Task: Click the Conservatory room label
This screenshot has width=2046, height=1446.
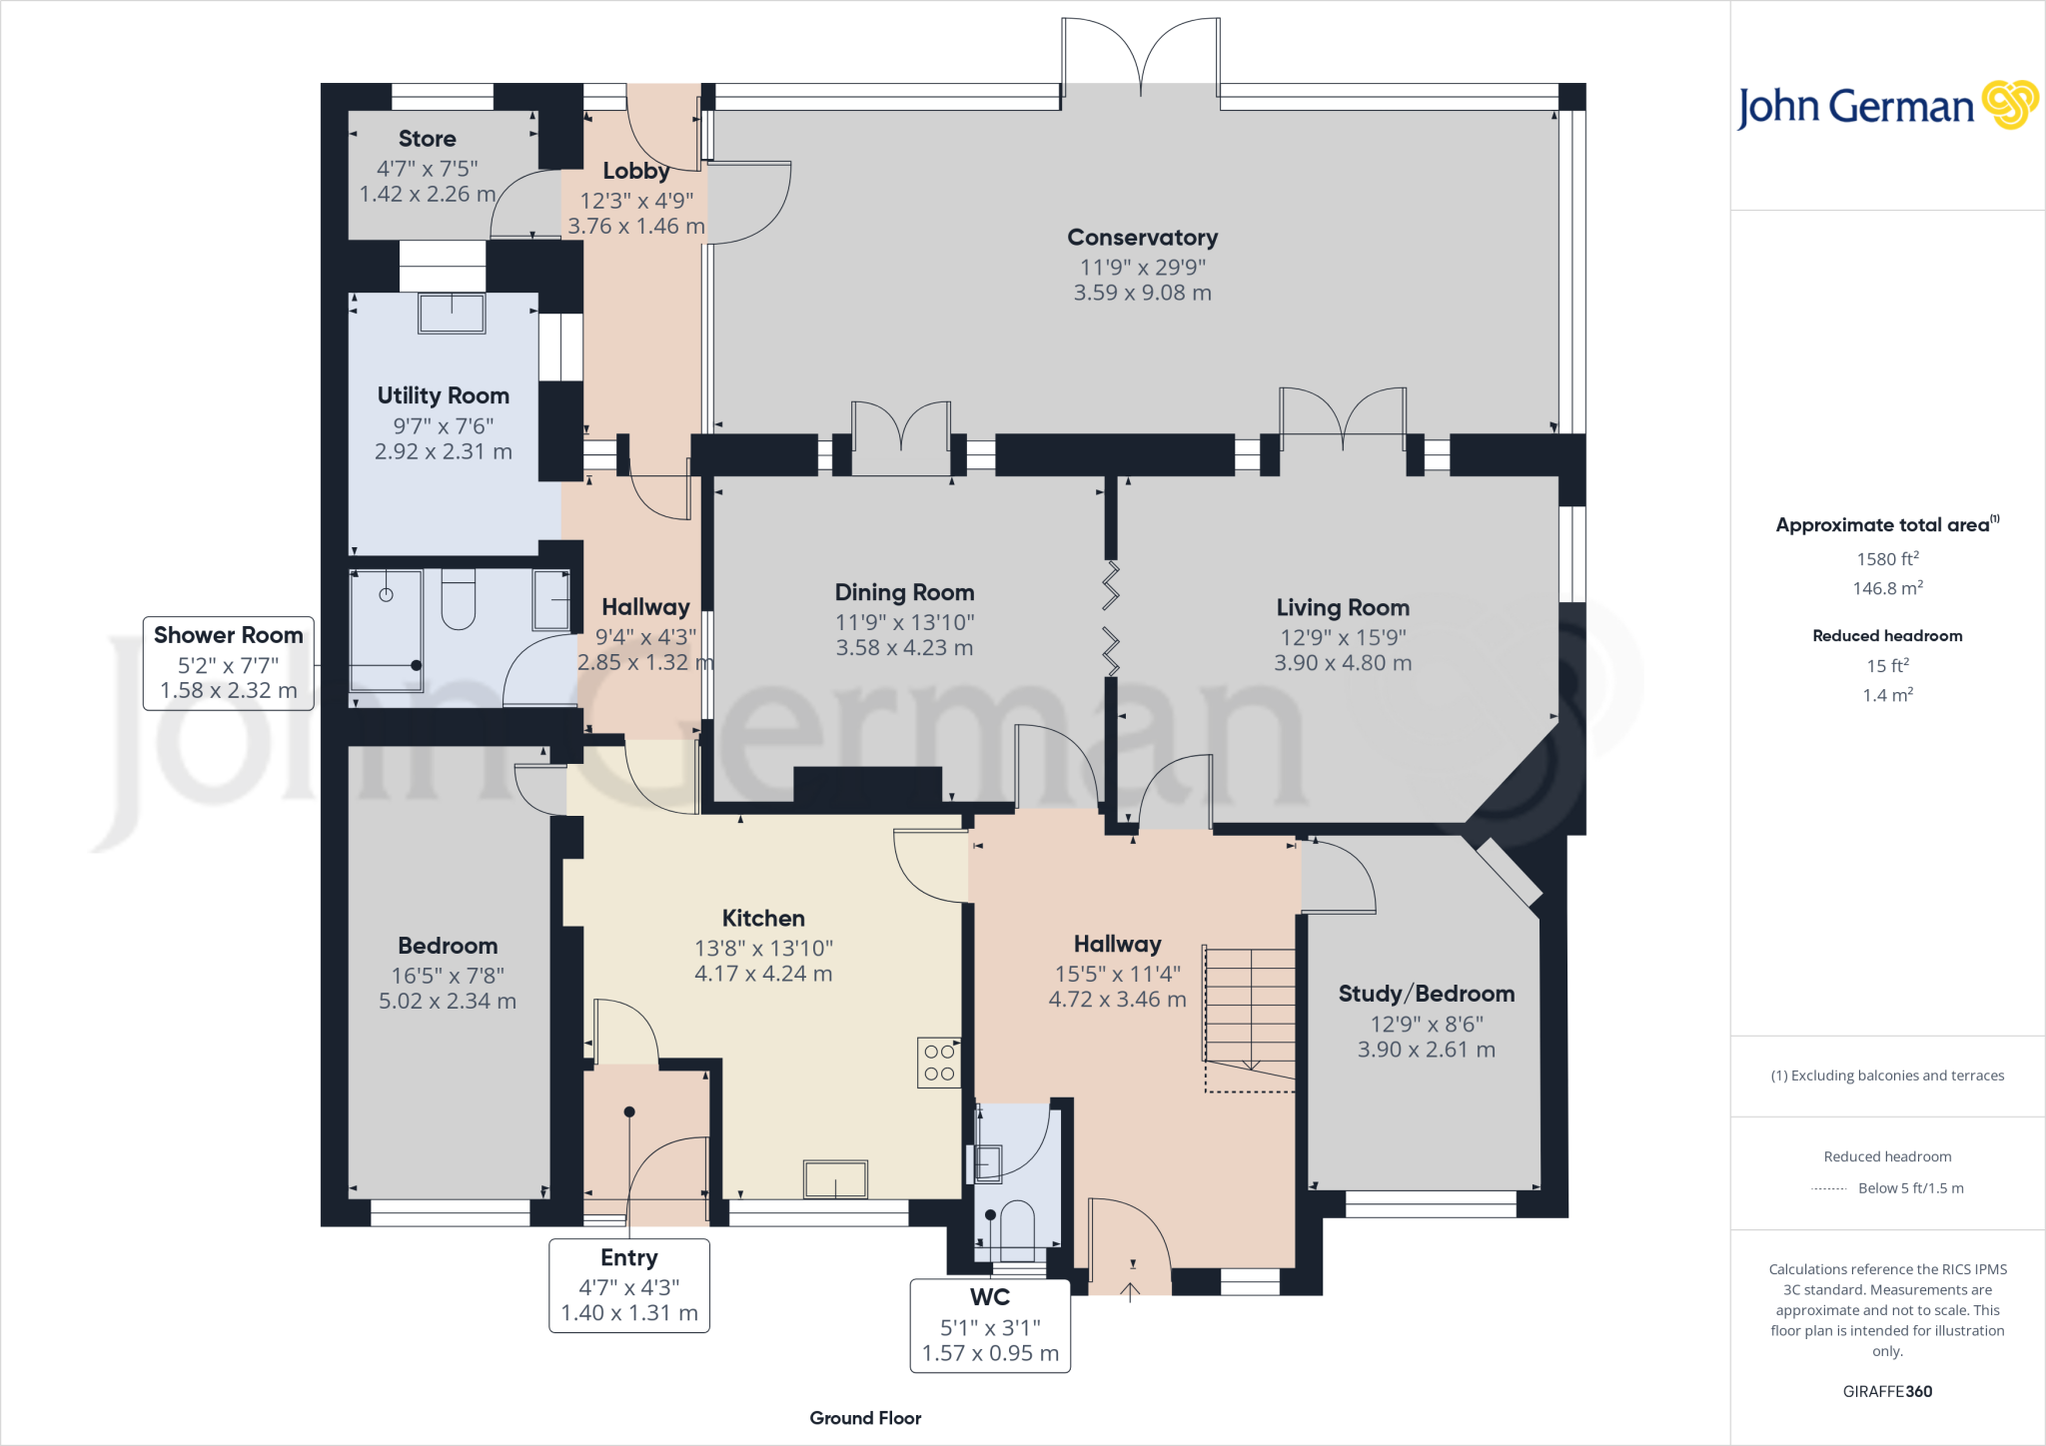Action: [1142, 238]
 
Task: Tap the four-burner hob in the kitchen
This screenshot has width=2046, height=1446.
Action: [939, 1063]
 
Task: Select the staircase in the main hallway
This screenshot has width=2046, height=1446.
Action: [1250, 1009]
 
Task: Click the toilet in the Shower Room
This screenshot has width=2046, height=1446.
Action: [458, 599]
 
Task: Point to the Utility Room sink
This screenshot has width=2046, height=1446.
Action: [452, 313]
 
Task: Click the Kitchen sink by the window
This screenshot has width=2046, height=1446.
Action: [835, 1179]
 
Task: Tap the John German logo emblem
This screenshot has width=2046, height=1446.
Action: [2009, 105]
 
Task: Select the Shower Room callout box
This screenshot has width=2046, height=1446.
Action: [229, 663]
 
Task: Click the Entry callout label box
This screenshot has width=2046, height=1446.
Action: [629, 1285]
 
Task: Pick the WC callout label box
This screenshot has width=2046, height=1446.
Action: [990, 1325]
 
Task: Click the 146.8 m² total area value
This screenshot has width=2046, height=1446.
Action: [1887, 588]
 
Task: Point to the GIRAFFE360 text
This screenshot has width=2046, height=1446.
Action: [1887, 1391]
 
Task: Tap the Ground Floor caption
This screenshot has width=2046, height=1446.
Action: [865, 1418]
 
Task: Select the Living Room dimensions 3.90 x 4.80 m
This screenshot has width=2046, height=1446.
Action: [1343, 663]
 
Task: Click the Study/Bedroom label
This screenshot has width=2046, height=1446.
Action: [1426, 994]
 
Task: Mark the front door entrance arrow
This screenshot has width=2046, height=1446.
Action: [1130, 1291]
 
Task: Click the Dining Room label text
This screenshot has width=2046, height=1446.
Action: [904, 592]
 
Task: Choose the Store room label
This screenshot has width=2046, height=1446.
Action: [427, 139]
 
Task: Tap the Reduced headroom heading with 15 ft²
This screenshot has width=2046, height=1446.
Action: [1887, 636]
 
